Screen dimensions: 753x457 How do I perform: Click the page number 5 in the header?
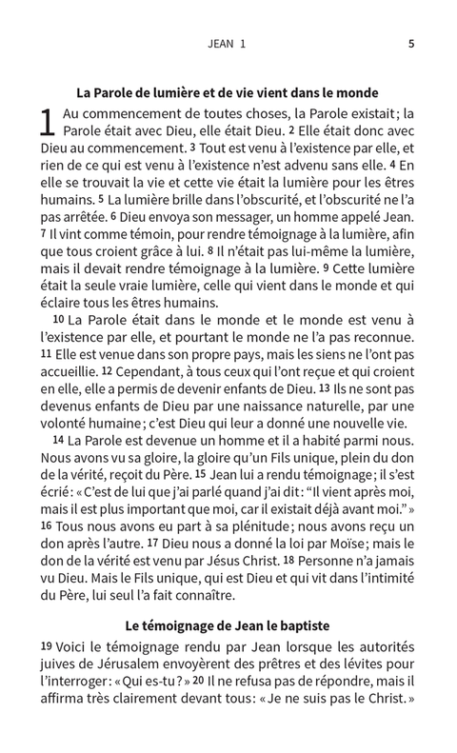pyautogui.click(x=410, y=43)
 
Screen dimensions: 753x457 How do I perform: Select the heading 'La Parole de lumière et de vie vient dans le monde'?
pyautogui.click(x=228, y=92)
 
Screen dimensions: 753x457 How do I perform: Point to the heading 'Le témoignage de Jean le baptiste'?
pyautogui.click(x=228, y=625)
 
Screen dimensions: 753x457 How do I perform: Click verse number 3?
pyautogui.click(x=193, y=148)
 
